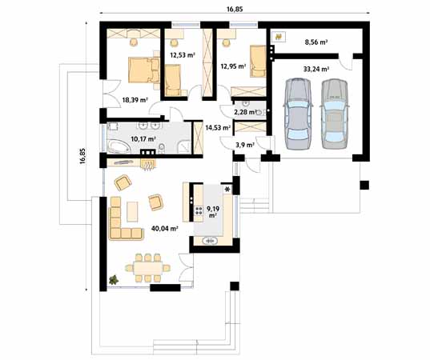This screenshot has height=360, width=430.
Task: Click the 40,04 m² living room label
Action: click(165, 228)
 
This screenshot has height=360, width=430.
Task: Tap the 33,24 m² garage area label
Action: click(316, 69)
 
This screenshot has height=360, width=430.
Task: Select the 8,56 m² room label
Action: click(316, 42)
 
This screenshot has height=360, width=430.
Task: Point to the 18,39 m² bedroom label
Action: click(135, 100)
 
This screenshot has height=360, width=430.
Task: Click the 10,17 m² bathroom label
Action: click(143, 139)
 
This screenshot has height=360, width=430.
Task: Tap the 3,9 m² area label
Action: click(245, 145)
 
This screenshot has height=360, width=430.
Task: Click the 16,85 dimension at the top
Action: click(235, 10)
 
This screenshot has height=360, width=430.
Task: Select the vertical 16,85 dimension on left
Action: click(82, 156)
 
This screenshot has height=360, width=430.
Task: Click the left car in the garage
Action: click(298, 114)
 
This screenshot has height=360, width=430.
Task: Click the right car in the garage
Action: click(335, 114)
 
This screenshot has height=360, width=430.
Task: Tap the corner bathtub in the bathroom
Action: click(119, 146)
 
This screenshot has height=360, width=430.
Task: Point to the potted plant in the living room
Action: click(114, 280)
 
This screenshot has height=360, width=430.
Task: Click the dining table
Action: click(148, 268)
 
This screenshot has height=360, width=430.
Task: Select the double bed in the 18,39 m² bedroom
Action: click(144, 70)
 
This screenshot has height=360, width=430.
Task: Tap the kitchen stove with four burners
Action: click(198, 210)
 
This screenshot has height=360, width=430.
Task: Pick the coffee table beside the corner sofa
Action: click(132, 211)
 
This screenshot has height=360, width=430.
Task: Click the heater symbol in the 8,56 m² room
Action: click(279, 37)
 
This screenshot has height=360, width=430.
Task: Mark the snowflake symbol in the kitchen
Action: click(227, 189)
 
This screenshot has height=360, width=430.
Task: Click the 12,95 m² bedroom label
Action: click(233, 66)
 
